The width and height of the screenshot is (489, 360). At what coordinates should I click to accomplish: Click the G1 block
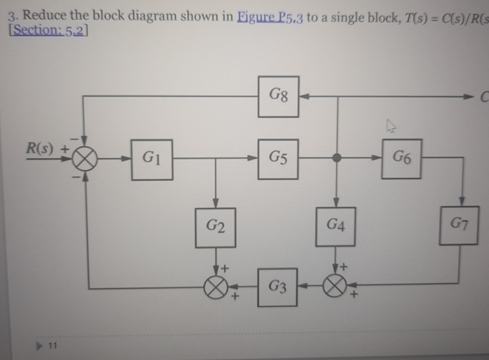[x=152, y=160]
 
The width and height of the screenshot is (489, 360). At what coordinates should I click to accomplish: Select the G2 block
[x=215, y=227]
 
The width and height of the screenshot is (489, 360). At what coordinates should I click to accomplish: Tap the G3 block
[x=277, y=288]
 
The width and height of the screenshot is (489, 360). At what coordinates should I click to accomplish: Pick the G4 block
[x=335, y=226]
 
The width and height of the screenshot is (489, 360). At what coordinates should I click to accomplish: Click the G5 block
[x=278, y=159]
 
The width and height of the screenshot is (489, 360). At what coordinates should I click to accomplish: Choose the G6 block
[x=401, y=159]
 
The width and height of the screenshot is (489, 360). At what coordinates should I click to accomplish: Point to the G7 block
[x=459, y=225]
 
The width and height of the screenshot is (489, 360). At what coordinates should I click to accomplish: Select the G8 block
[x=278, y=97]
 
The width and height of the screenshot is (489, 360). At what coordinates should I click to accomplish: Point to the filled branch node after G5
[x=338, y=158]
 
